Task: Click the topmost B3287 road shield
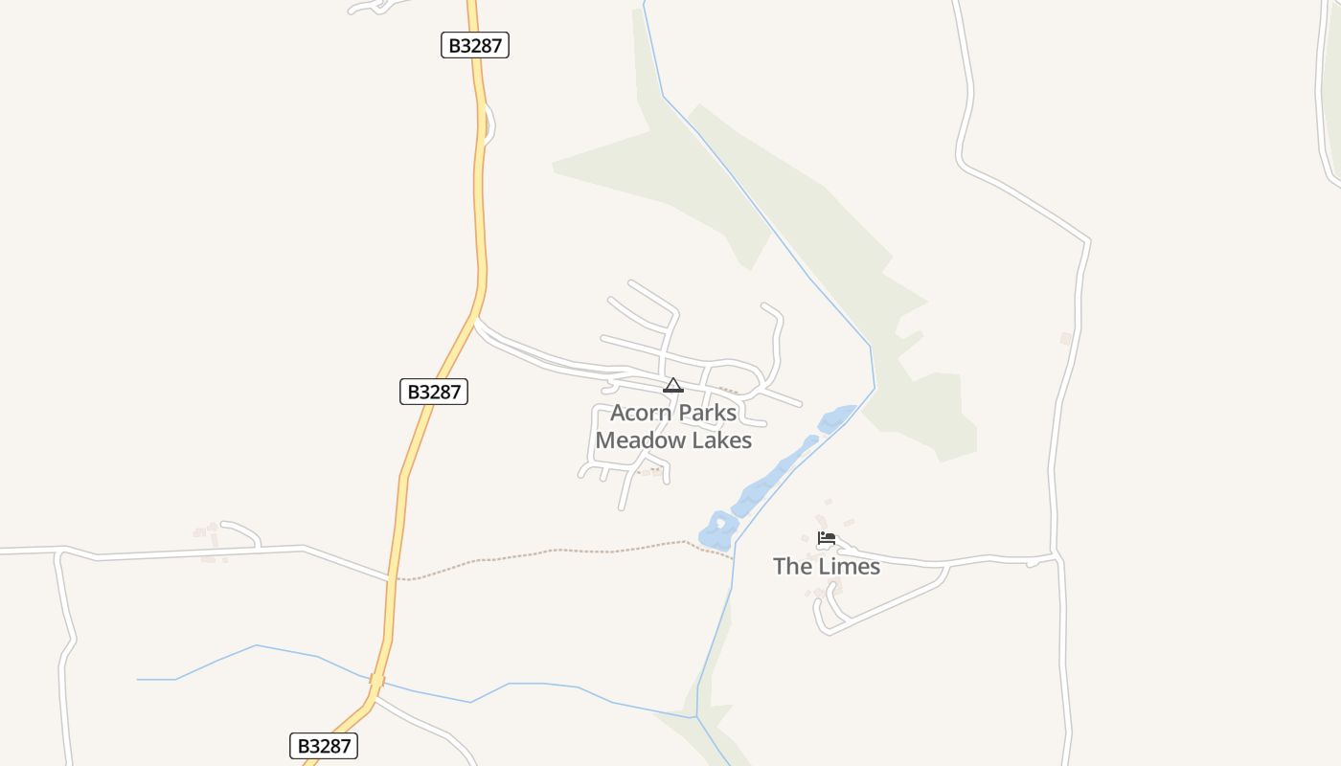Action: pyautogui.click(x=475, y=45)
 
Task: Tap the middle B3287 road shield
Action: pyautogui.click(x=433, y=392)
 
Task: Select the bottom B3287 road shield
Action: pyautogui.click(x=324, y=746)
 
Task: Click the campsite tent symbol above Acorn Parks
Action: pyautogui.click(x=673, y=386)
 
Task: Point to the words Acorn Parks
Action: pyautogui.click(x=673, y=413)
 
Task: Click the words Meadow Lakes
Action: pyautogui.click(x=673, y=440)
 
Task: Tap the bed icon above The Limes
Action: pyautogui.click(x=827, y=538)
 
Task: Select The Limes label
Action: pyautogui.click(x=827, y=566)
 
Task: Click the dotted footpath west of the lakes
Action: pyautogui.click(x=556, y=552)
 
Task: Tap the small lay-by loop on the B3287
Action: pyautogui.click(x=490, y=124)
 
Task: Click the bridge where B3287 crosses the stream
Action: pyautogui.click(x=376, y=681)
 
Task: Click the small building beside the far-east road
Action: pyautogui.click(x=1066, y=338)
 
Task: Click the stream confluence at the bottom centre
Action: pyautogui.click(x=696, y=715)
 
